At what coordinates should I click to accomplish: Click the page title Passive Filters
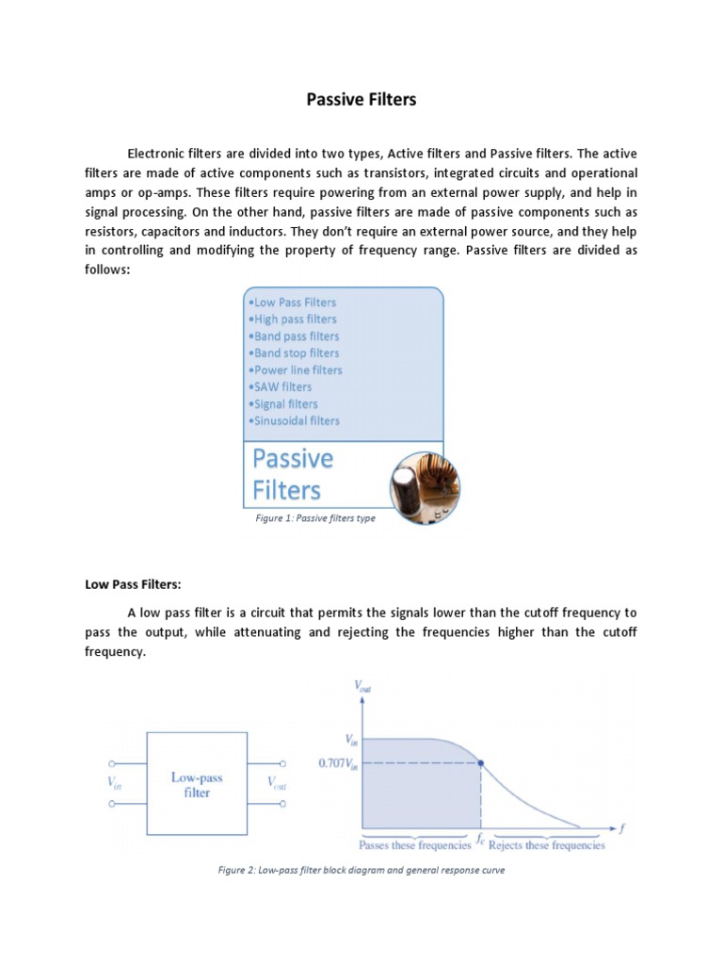pos(361,99)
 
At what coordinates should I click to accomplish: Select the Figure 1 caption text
pos(315,518)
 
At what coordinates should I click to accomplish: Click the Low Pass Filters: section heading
pos(133,584)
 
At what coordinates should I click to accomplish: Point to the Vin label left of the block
pos(116,782)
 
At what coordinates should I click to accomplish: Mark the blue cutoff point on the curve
pos(481,763)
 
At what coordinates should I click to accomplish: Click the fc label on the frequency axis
pos(480,837)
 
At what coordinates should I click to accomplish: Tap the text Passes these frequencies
pos(415,845)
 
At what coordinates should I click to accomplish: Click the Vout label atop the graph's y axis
pos(363,687)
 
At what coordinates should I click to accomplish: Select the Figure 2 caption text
pos(361,870)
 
